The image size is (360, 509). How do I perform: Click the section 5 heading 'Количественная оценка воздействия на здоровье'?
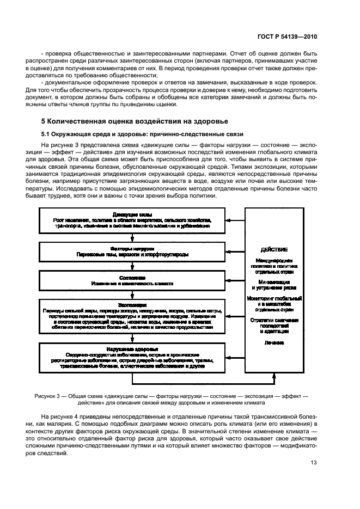[135, 121]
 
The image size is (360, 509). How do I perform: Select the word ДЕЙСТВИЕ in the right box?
[274, 250]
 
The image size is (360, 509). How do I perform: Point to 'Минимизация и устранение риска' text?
[274, 285]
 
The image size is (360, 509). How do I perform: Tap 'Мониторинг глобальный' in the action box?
[274, 299]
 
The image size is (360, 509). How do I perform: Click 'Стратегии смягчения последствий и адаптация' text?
[274, 325]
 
